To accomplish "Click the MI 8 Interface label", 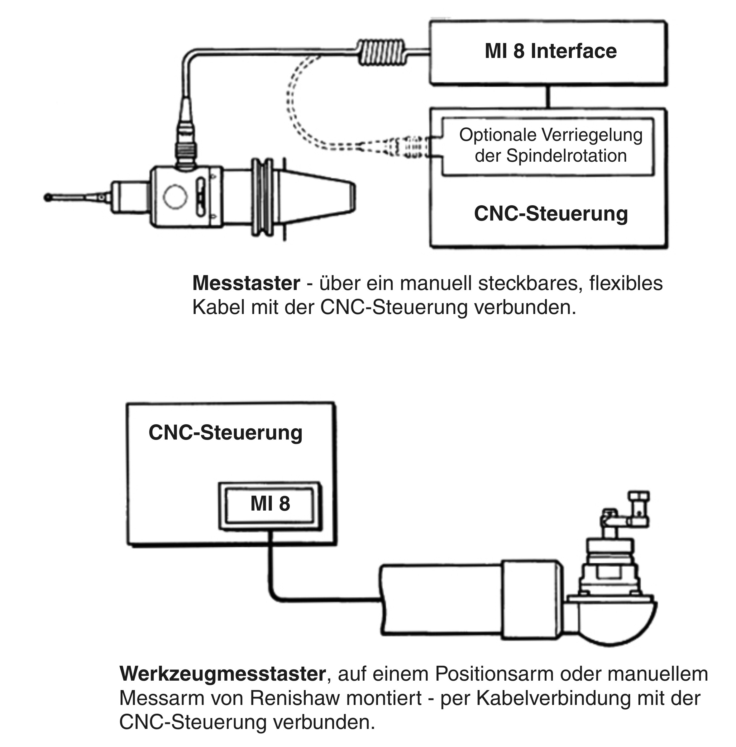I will pyautogui.click(x=551, y=51).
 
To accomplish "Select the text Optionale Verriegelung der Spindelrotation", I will pyautogui.click(x=551, y=145).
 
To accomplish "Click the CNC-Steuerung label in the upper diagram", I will pyautogui.click(x=551, y=214).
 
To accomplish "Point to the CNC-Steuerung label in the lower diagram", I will pyautogui.click(x=225, y=432).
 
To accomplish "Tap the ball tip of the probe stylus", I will pyautogui.click(x=48, y=197).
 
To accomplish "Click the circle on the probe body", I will pyautogui.click(x=175, y=196).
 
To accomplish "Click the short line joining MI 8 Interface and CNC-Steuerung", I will pyautogui.click(x=548, y=97).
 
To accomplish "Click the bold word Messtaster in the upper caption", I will pyautogui.click(x=246, y=283).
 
